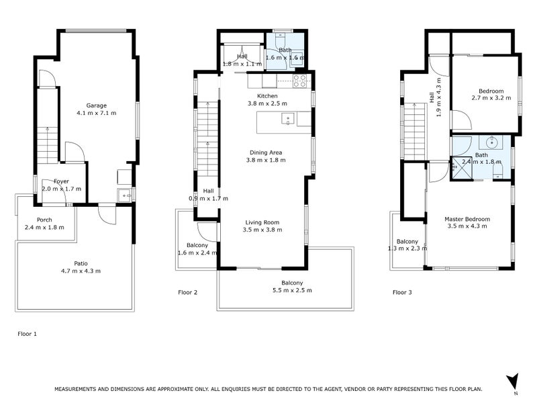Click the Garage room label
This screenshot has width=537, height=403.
97,105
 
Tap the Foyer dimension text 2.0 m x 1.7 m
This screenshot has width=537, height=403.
61,189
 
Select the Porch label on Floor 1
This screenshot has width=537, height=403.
44,220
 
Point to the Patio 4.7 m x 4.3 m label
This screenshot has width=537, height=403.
81,263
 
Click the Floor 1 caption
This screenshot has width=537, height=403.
27,332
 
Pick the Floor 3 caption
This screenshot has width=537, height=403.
403,292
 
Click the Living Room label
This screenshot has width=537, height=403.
262,222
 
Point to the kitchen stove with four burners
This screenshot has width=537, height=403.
300,81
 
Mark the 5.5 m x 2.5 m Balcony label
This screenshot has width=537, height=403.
292,283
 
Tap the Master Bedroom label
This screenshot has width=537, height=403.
467,219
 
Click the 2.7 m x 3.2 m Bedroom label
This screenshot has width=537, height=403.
491,91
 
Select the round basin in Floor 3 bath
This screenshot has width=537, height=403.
493,142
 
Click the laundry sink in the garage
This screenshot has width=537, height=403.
124,195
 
